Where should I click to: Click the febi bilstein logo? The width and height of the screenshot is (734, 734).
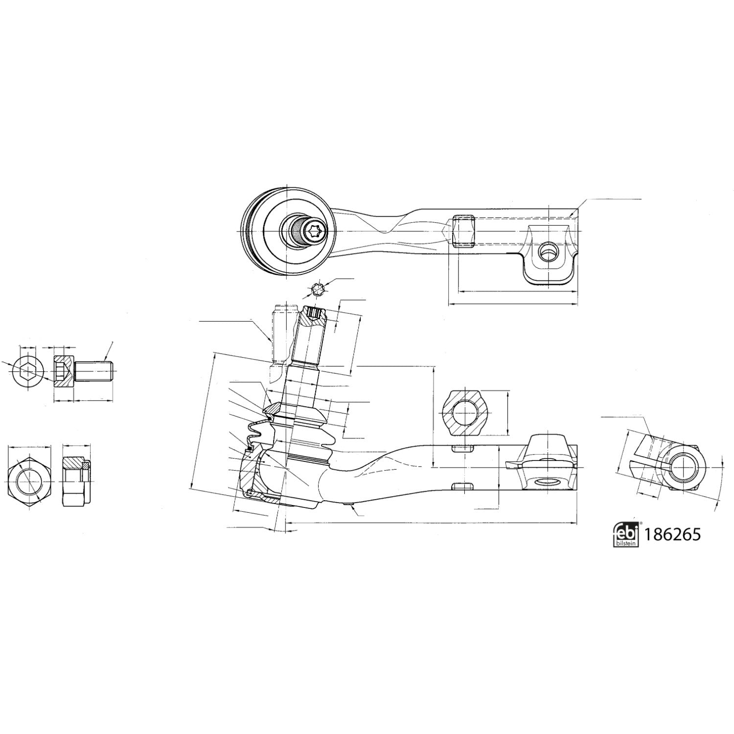tap(626, 533)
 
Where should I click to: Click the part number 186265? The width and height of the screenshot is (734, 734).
tap(673, 534)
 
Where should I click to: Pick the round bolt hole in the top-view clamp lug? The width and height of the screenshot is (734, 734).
tap(546, 252)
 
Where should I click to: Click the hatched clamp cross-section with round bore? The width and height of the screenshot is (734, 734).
tap(462, 412)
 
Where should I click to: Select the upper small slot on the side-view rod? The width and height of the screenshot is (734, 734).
tap(462, 448)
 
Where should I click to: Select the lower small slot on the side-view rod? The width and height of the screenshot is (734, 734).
tap(462, 486)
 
